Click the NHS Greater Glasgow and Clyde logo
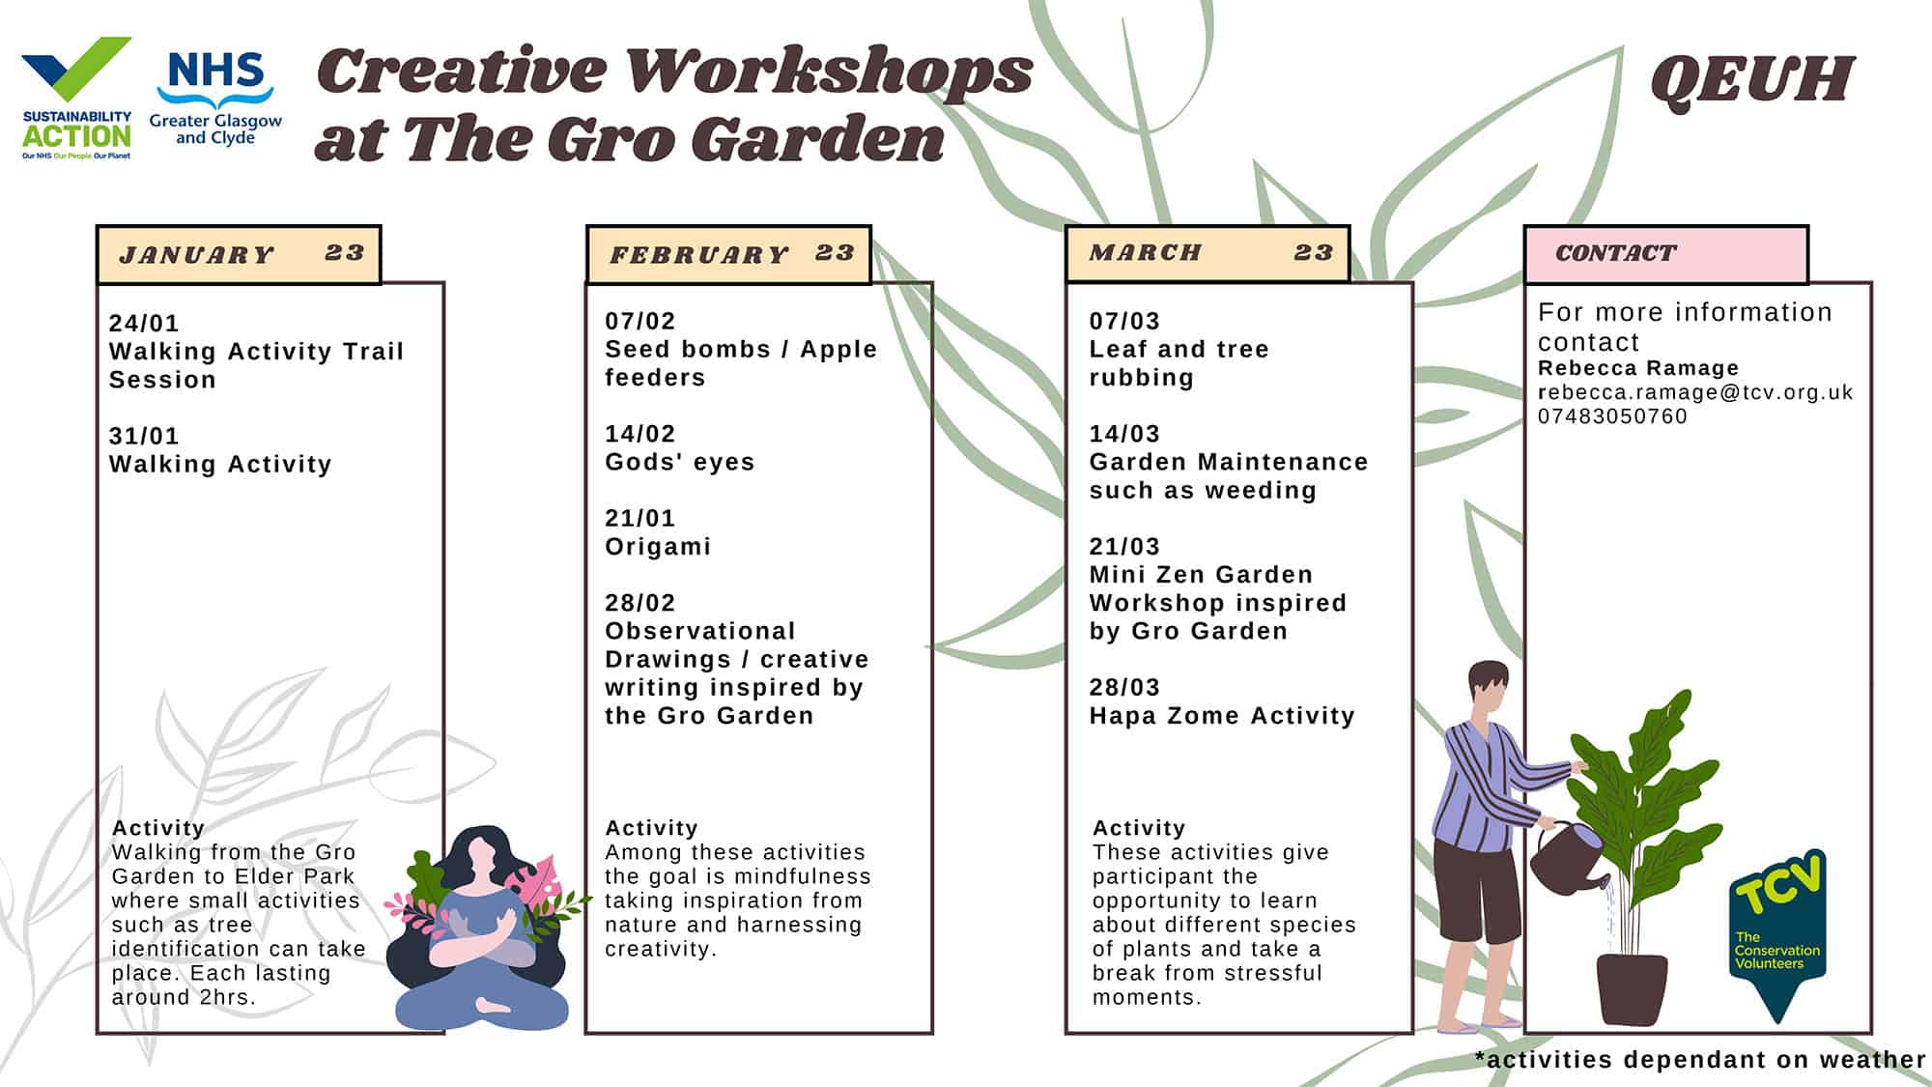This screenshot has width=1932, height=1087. [215, 98]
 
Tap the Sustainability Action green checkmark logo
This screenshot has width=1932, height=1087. [76, 98]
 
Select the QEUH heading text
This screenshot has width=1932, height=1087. [1752, 79]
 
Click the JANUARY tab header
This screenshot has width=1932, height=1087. [239, 254]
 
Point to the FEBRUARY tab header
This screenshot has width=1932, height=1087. [728, 254]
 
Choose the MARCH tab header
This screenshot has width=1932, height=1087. [1207, 253]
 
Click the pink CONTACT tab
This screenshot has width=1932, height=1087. [1666, 254]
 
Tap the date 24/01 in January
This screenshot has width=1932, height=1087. [144, 324]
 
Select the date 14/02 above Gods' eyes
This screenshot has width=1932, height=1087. [640, 434]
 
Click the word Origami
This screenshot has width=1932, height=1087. [658, 547]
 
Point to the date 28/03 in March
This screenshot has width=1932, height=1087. [1124, 687]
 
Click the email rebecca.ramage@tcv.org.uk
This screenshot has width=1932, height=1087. [1695, 392]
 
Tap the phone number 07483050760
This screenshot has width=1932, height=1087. [1612, 416]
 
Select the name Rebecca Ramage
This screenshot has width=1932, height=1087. [1638, 368]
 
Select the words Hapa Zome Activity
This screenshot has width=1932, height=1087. [1222, 716]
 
